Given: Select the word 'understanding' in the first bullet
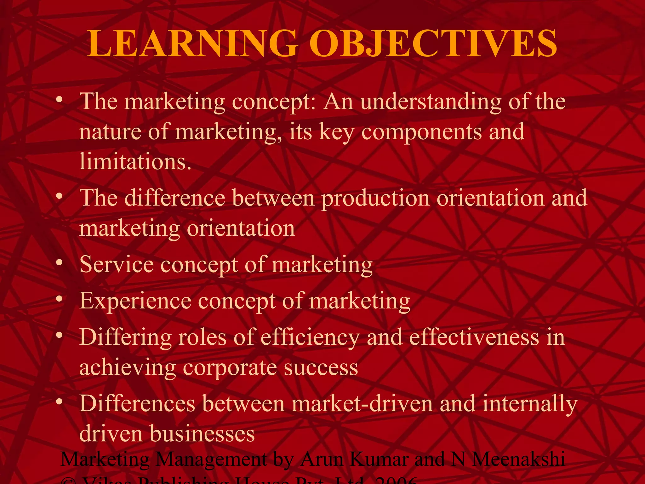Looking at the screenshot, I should [431, 102].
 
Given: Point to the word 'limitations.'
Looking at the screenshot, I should [135, 161].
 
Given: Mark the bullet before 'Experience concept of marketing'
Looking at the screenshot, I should [59, 299].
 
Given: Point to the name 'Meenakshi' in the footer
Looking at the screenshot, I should [518, 459].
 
